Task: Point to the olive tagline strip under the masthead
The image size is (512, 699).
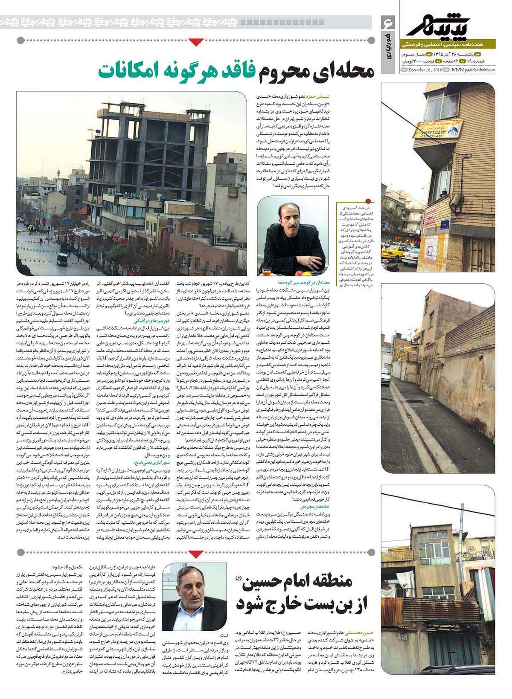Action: point(448,44)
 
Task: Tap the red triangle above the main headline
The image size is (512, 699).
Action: point(196,42)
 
